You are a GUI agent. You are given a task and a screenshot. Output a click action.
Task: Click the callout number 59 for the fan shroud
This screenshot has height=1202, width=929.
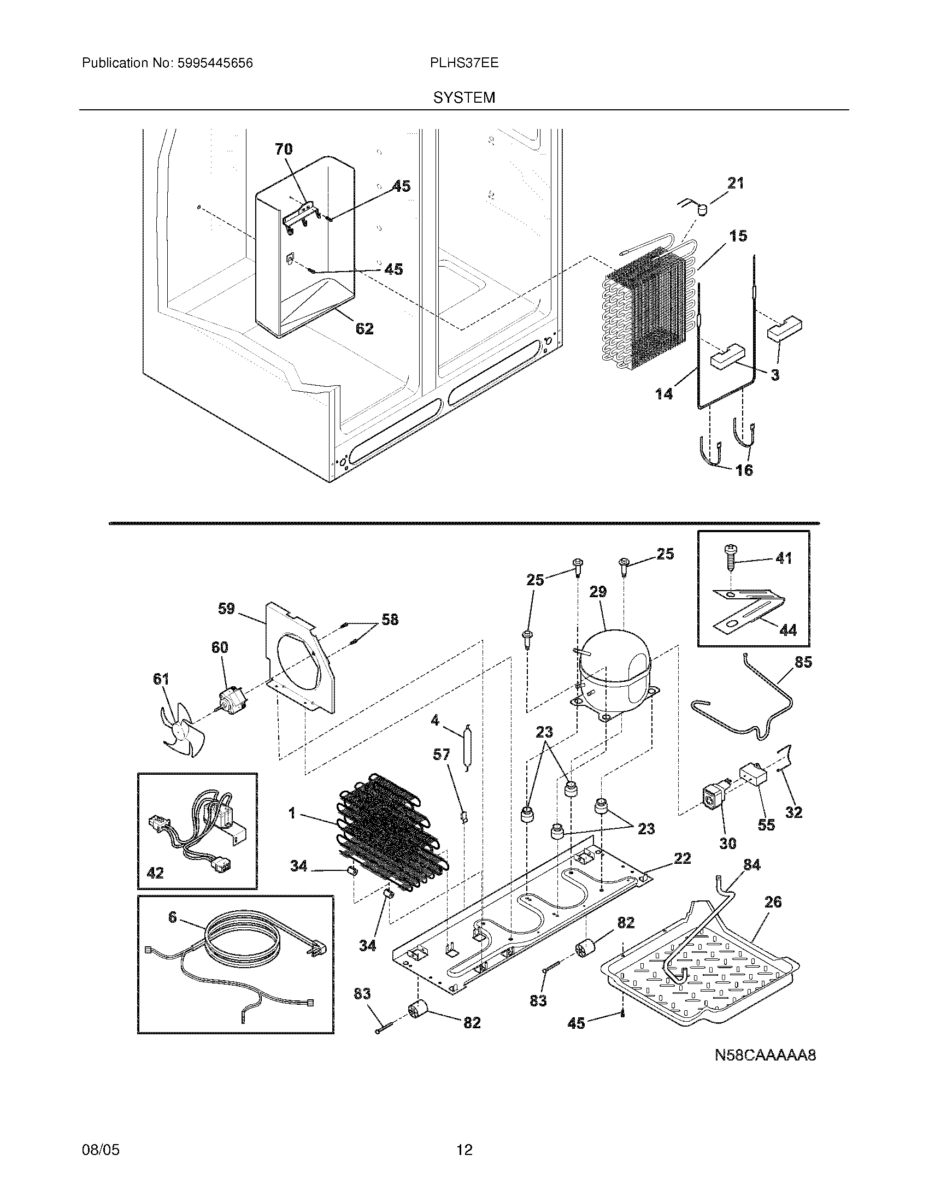coord(226,608)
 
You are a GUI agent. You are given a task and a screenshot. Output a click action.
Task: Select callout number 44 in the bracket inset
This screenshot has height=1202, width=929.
coord(788,630)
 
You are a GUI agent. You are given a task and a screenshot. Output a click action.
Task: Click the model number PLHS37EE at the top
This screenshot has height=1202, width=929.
coord(464,63)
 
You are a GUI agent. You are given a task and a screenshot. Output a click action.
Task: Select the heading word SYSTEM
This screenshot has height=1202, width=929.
coord(464,98)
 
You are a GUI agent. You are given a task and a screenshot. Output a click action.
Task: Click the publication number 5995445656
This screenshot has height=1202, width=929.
coord(215,63)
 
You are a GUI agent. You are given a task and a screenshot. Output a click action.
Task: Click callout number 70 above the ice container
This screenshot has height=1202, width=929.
coord(284,149)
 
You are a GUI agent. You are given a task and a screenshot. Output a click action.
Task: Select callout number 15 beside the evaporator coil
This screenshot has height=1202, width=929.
coord(739,236)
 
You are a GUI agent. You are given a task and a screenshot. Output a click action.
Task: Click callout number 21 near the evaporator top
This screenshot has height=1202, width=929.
coord(735,182)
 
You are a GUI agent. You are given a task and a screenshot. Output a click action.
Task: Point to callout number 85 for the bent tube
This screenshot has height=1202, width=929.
coord(803,662)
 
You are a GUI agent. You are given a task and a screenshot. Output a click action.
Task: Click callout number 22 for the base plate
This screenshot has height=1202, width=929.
coord(682,858)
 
